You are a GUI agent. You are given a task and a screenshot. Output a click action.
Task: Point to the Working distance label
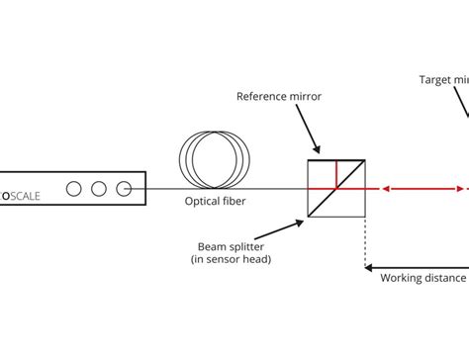422,278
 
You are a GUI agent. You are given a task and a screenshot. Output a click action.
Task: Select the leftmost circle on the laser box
73,188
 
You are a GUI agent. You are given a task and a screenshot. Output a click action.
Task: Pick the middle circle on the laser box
98,188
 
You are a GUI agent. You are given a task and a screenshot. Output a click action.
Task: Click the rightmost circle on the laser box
123,188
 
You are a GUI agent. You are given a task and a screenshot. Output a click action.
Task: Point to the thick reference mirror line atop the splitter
336,160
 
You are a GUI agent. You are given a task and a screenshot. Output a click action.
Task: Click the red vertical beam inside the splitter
336,174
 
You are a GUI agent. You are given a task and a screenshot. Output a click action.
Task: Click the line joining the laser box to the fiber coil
163,188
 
